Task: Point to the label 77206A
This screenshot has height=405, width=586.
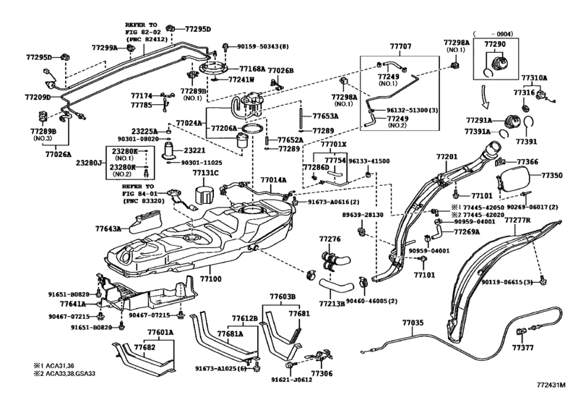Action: coord(224,127)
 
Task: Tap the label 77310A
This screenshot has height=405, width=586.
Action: coord(535,77)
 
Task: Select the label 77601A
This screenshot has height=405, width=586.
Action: coord(161,333)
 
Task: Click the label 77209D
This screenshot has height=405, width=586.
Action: coord(38,97)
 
